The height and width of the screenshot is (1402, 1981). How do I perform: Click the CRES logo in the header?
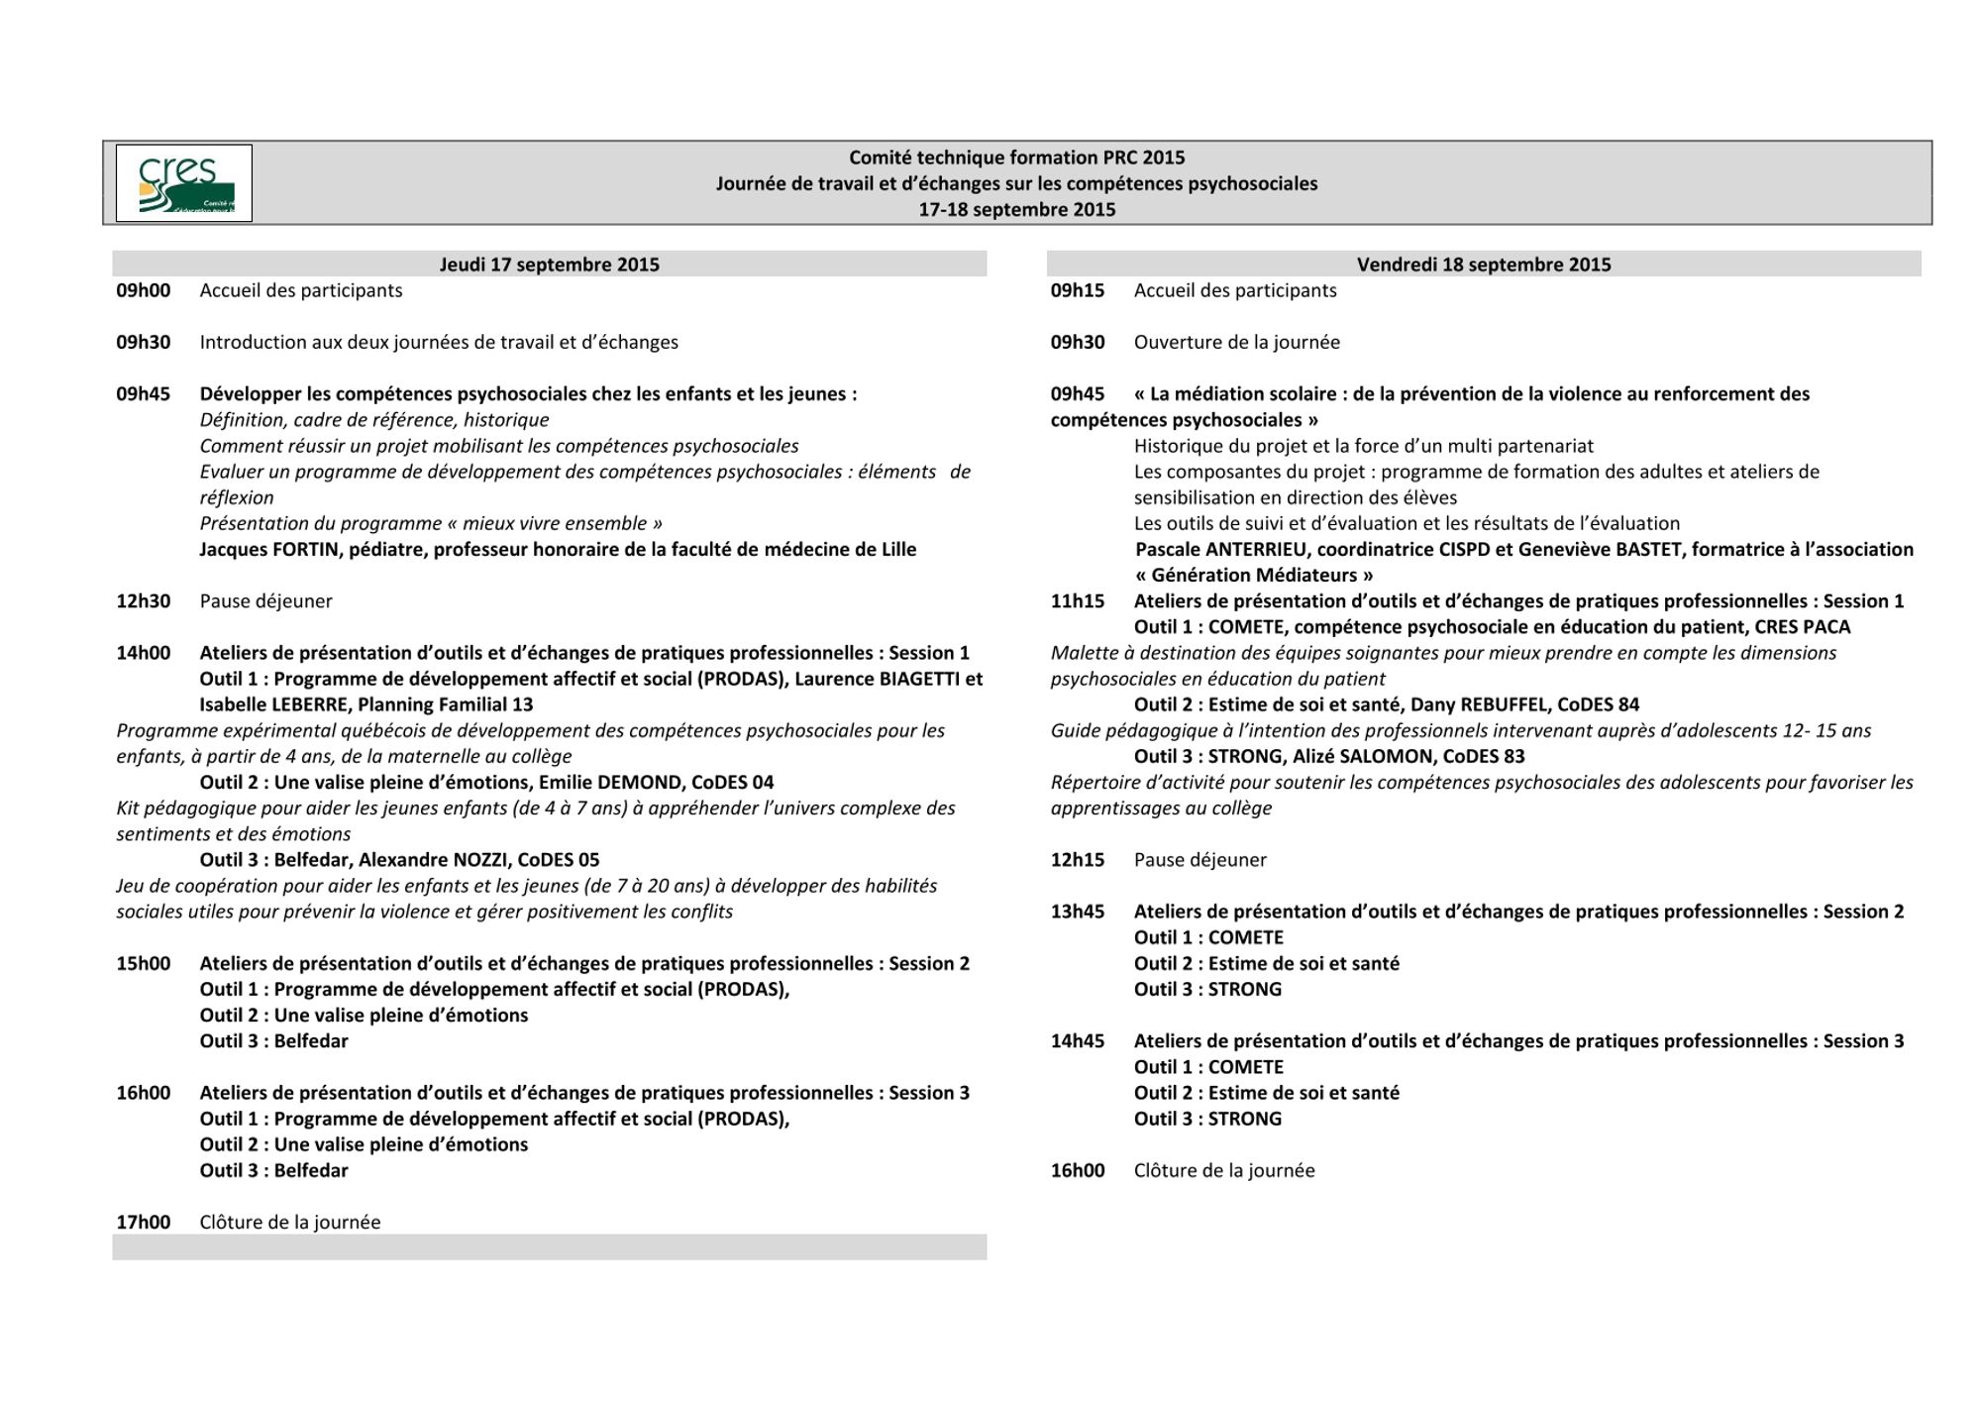tap(184, 183)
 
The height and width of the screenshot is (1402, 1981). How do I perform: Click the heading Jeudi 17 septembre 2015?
tap(549, 265)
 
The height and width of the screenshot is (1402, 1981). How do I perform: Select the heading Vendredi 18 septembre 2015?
tap(1483, 265)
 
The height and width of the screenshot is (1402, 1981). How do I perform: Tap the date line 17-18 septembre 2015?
tap(1016, 210)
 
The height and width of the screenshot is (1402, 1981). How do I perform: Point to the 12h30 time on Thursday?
tap(144, 601)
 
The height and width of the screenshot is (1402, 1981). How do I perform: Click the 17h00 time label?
tap(144, 1223)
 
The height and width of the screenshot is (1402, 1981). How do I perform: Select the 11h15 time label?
tap(1078, 601)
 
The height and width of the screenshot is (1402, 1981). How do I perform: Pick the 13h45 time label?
tap(1078, 912)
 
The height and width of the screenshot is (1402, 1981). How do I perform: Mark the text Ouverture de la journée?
tap(1236, 343)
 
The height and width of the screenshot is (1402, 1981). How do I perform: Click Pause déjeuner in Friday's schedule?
tap(1199, 860)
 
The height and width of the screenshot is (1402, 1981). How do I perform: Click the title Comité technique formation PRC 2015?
tap(1016, 158)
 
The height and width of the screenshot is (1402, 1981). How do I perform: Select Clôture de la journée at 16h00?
tap(1223, 1171)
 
